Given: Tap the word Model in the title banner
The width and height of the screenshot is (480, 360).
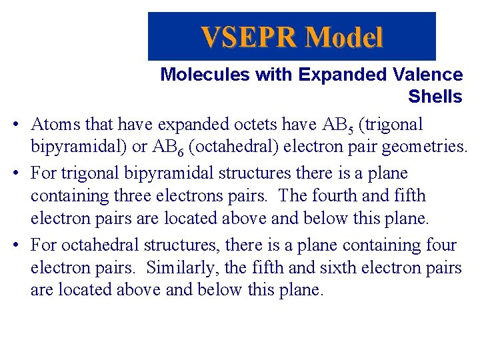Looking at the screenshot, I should coord(344,37).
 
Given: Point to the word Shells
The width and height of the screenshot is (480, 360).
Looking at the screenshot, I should coord(435,97).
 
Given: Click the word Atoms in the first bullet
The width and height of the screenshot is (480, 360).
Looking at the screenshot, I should coord(53,124).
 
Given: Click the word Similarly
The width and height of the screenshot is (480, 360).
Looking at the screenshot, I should coord(175,268).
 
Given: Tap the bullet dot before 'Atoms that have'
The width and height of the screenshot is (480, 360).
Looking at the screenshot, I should coord(16,125).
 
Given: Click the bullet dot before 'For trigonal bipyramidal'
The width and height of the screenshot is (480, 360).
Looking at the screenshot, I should coord(16,173).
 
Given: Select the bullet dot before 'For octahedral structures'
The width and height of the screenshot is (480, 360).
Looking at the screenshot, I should coord(16,245).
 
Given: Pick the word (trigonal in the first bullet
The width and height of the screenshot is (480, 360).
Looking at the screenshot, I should coord(390,124).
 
